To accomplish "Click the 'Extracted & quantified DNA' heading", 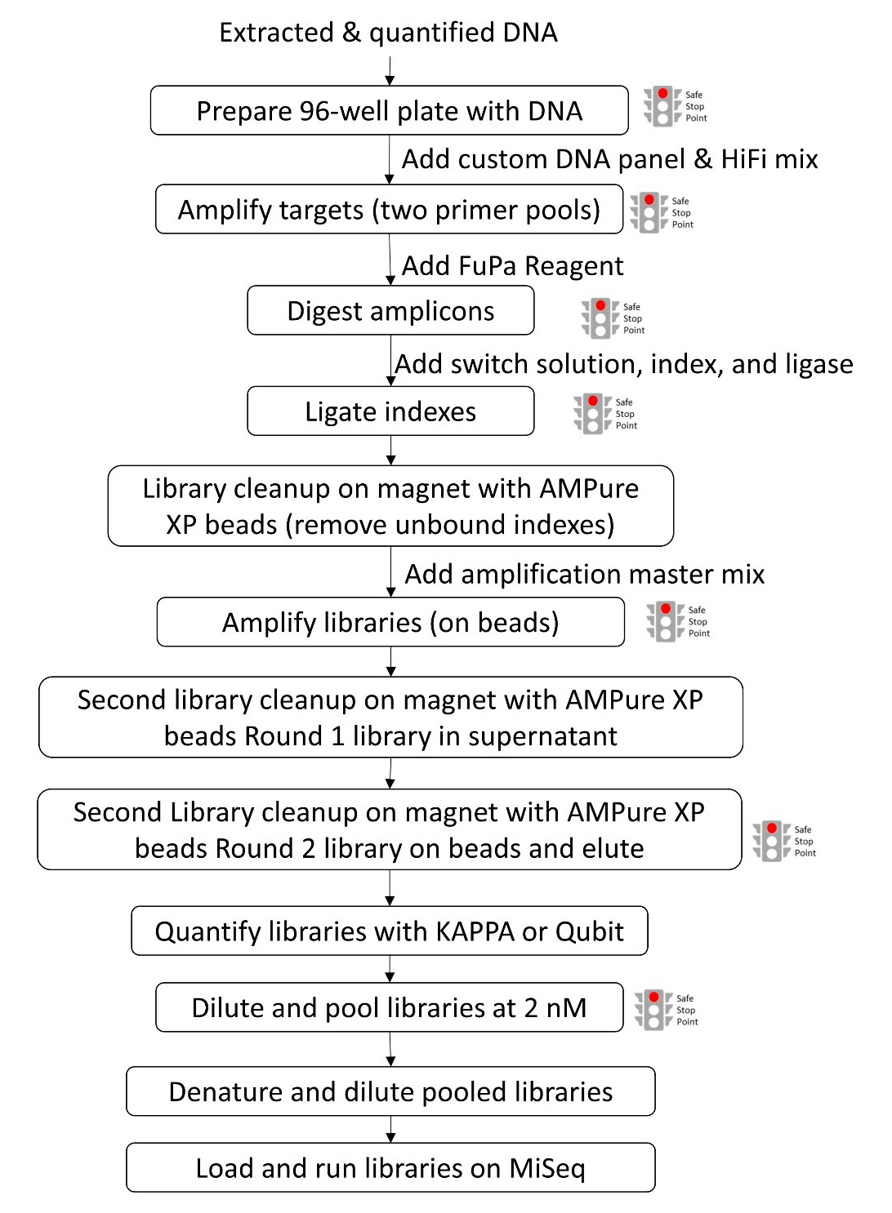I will click(388, 33).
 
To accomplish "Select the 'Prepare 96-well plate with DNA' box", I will click(389, 111).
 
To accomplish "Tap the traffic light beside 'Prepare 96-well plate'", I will click(662, 106).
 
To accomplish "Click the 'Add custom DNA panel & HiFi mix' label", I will click(609, 159).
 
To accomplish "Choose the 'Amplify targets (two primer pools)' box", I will click(389, 210).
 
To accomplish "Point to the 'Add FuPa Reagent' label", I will click(512, 266).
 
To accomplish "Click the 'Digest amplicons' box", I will click(390, 311).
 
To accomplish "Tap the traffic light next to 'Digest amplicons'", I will click(600, 318).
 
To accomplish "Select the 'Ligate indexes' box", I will click(390, 411).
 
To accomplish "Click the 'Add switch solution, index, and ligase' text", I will click(624, 364).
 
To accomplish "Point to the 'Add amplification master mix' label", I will click(585, 575).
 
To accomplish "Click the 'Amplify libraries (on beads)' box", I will click(390, 623).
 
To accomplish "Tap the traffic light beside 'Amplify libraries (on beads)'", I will click(666, 621).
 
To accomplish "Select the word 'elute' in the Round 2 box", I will click(613, 849).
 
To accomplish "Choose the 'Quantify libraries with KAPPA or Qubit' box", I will click(389, 931).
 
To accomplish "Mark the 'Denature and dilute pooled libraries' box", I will click(390, 1092).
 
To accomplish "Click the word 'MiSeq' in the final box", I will click(546, 1169).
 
